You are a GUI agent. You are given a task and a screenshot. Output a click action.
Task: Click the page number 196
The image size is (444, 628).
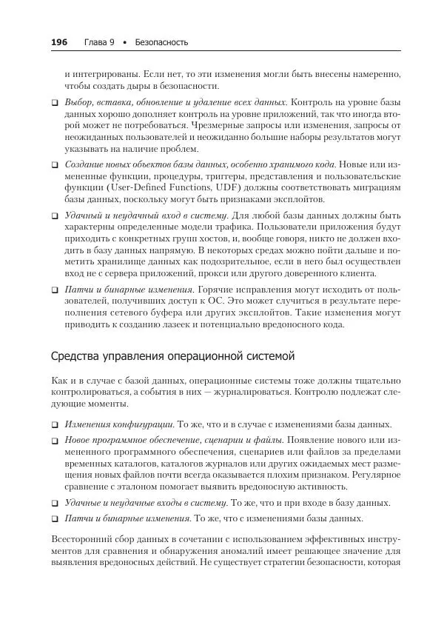point(59,42)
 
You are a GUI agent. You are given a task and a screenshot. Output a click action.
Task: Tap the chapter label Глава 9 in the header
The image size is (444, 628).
point(99,42)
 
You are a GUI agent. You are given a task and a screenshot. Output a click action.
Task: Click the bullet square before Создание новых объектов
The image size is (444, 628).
point(55,163)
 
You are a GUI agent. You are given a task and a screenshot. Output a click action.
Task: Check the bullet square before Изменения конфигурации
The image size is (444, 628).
point(55,425)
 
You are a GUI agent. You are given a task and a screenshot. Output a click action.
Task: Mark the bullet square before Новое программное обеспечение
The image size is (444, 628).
point(55,441)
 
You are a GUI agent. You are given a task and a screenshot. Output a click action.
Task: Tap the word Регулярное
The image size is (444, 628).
point(375,475)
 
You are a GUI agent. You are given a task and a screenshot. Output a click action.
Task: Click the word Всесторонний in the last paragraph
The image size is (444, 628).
point(81,539)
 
